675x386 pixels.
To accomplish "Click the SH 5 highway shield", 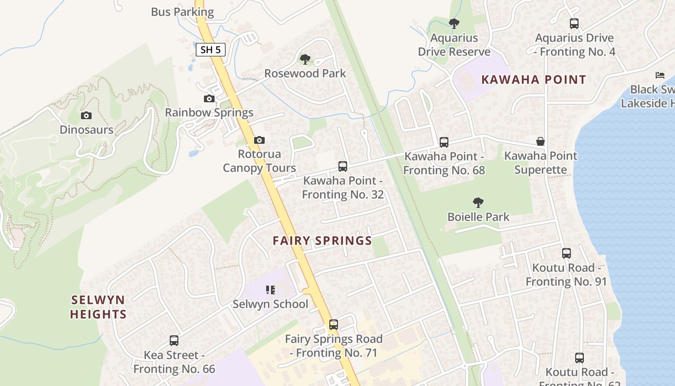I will (x=211, y=49).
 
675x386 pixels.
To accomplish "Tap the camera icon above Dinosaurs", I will (x=86, y=115).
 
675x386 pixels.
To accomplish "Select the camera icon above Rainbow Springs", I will (x=209, y=98).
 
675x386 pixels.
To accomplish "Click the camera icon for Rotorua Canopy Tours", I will (x=259, y=140).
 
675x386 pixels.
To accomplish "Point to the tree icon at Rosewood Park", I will (x=305, y=59).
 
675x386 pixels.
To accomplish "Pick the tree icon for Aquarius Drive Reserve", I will (x=454, y=23).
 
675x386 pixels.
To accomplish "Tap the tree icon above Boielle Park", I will (x=478, y=202).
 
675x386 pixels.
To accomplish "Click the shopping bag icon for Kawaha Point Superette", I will (x=540, y=141).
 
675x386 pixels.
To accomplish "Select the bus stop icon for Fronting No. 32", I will (x=343, y=166).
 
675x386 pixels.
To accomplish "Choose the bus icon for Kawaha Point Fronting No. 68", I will (x=444, y=142).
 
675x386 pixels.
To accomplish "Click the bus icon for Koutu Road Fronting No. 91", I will (x=567, y=253).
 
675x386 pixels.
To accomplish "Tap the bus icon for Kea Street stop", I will (x=174, y=341).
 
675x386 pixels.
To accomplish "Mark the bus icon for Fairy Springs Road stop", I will (x=333, y=324).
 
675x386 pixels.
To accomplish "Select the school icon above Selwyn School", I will (x=270, y=289).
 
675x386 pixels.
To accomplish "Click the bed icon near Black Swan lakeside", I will (x=660, y=75).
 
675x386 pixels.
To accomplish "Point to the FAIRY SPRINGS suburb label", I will (x=322, y=241).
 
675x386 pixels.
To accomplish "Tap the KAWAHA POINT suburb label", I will (x=534, y=80).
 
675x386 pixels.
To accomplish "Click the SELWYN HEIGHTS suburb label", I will (x=98, y=307).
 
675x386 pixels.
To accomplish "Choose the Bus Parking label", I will (x=182, y=12).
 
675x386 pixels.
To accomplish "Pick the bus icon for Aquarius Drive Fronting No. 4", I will (x=574, y=23).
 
